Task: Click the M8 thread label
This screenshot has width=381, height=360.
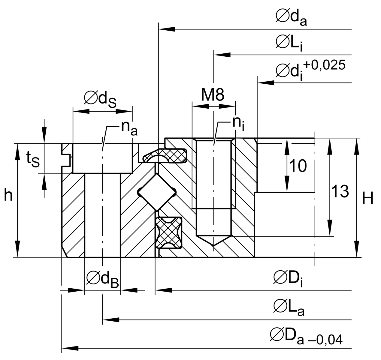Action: (x=213, y=95)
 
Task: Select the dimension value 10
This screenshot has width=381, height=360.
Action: (x=298, y=166)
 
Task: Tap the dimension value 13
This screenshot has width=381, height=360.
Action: (x=340, y=191)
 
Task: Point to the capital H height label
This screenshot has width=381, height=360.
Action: (x=368, y=199)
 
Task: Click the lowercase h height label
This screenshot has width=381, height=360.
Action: (x=8, y=196)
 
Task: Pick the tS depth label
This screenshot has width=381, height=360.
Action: (x=32, y=159)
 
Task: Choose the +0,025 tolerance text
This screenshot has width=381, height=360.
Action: (x=324, y=65)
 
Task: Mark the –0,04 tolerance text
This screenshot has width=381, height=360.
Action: (x=324, y=340)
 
